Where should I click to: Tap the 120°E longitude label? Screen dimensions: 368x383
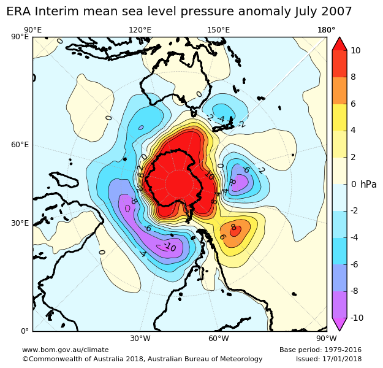(140, 30)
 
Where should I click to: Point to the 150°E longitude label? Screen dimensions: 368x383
(219, 30)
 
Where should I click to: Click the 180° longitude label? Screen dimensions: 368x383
(326, 30)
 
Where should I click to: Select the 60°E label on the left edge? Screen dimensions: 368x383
(20, 145)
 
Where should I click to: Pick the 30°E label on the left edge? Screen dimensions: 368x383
(20, 223)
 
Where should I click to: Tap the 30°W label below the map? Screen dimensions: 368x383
(140, 338)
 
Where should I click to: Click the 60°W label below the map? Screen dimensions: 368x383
(219, 338)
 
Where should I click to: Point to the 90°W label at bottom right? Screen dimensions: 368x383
(326, 338)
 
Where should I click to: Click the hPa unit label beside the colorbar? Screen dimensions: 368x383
(368, 184)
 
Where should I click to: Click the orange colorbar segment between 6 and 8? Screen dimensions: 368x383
(339, 90)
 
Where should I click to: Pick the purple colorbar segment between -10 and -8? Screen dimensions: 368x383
(339, 304)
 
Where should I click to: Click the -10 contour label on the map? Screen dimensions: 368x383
(169, 247)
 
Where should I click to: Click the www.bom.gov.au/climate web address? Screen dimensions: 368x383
(65, 350)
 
